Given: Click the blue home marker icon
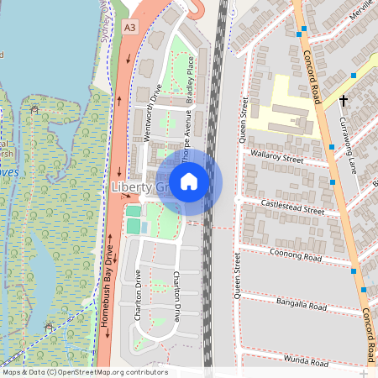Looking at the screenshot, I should pos(189,181).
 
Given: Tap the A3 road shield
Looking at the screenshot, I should pos(129,28).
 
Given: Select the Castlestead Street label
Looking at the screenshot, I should pos(292,207).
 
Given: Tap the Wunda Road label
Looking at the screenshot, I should pos(305,362).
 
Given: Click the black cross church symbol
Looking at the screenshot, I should pos(344,100).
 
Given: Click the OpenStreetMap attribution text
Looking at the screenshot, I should pos(85,372).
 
